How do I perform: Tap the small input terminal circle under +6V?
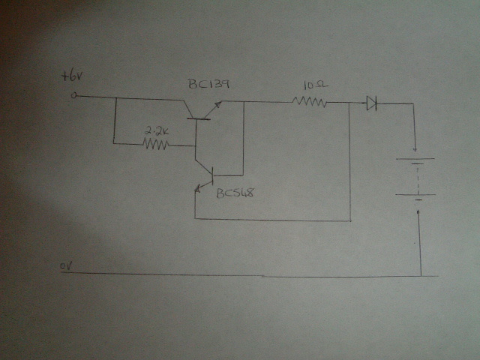coord(74,96)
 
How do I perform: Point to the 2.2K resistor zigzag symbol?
coord(157,142)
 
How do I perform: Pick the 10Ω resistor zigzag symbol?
coord(312,101)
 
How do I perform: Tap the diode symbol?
coord(372,103)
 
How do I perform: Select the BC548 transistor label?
coord(235,193)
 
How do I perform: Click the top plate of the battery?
coord(416,158)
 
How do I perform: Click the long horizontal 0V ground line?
coord(247,275)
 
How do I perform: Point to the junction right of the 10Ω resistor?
coord(350,103)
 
